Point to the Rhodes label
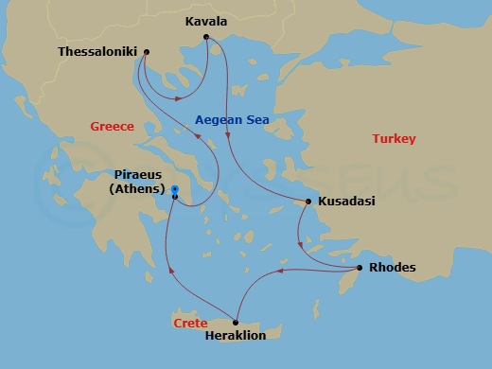392,268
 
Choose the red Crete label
190,323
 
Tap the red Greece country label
112,127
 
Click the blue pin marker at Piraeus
175,191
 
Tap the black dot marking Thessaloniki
145,52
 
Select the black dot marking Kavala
206,38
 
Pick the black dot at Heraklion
236,321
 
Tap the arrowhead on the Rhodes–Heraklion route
281,272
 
